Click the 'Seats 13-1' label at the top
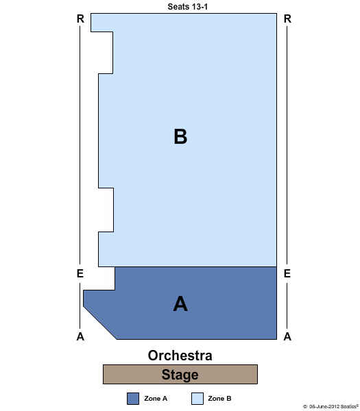(188, 7)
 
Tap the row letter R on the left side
(80, 18)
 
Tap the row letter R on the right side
(287, 18)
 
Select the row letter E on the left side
(80, 273)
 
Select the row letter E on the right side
(287, 273)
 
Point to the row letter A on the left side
(80, 336)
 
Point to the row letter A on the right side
(287, 336)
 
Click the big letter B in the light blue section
(180, 136)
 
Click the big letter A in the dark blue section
(180, 303)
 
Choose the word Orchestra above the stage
(180, 356)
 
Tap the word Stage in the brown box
(180, 374)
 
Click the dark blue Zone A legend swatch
(133, 399)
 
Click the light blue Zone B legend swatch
(197, 399)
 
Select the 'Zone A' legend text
(156, 399)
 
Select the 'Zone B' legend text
(219, 399)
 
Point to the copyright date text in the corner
(331, 406)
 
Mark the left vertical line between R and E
(80, 145)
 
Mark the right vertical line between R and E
(287, 145)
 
